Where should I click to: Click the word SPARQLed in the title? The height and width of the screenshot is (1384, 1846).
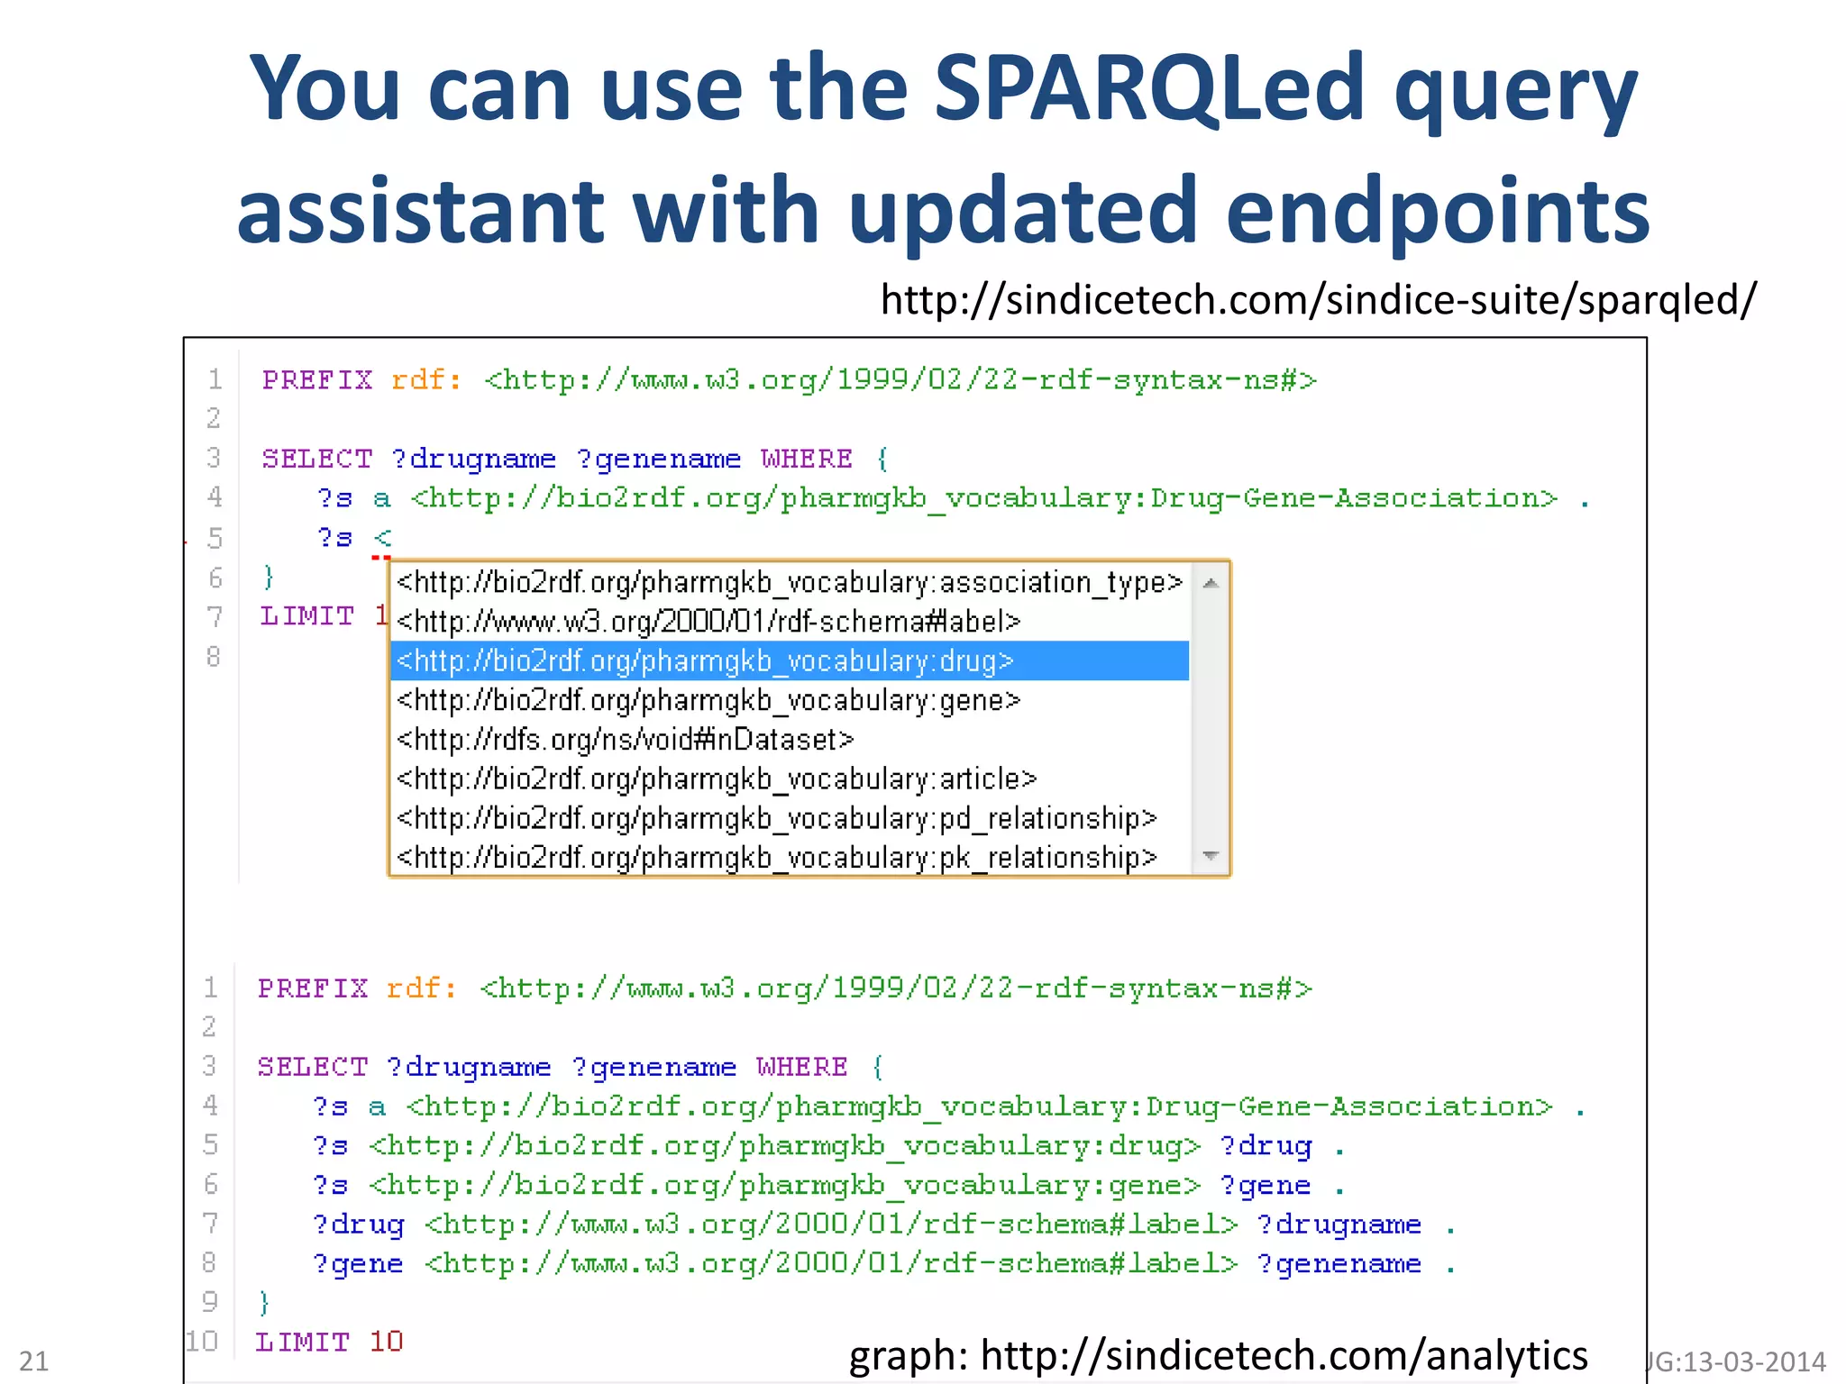1149,88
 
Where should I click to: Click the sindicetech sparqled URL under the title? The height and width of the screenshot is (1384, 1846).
1318,300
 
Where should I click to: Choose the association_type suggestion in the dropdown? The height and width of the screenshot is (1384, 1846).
789,583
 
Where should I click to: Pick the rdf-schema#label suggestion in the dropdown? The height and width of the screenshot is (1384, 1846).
708,622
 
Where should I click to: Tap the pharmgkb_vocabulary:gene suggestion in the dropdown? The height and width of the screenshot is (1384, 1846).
708,700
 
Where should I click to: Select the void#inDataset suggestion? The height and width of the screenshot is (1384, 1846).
625,740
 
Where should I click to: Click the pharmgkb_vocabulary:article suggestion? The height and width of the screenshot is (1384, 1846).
717,778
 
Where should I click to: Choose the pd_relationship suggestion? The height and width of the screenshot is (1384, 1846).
776,818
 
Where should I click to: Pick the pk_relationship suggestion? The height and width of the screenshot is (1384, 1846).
776,857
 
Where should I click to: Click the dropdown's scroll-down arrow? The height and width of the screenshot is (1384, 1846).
1211,855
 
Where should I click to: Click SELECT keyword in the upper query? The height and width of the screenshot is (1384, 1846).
317,459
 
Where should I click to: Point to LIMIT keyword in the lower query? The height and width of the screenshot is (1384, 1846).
303,1342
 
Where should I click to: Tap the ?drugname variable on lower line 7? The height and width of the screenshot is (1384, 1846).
1339,1225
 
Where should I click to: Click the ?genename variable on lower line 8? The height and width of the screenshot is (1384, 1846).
1339,1264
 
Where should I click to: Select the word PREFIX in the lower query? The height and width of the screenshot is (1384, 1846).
313,988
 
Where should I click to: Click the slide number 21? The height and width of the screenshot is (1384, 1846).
34,1361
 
